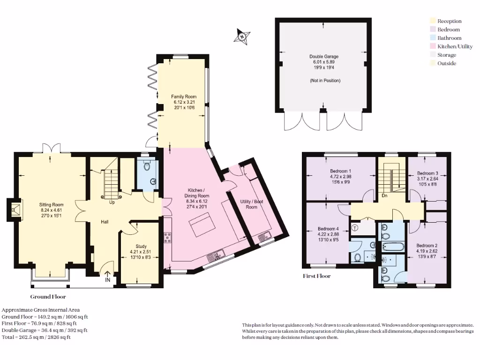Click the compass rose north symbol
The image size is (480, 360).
tap(242, 36)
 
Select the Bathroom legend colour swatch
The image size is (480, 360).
tap(433, 38)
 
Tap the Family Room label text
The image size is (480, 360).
tap(184, 97)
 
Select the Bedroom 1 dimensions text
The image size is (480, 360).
tap(340, 179)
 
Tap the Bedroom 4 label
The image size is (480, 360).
tap(328, 229)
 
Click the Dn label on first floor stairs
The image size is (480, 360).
tap(384, 195)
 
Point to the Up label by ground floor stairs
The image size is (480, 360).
tap(112, 202)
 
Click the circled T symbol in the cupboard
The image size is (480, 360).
tap(355, 228)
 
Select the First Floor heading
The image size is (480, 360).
tap(316, 276)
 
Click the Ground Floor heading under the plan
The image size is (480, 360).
tap(48, 297)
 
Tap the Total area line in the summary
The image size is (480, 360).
tap(36, 337)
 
